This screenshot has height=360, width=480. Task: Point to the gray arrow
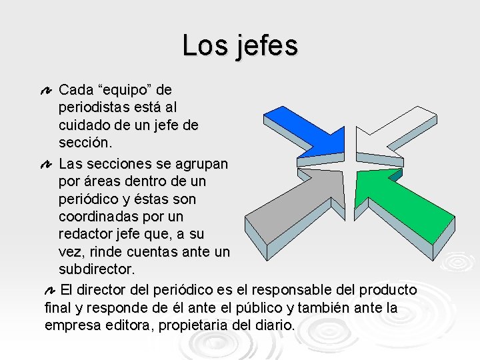click(x=300, y=213)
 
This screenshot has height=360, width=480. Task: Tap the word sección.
click(x=86, y=143)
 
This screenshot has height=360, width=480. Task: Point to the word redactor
click(x=85, y=235)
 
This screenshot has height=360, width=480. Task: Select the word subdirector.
click(x=97, y=270)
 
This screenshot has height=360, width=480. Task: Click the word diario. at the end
click(x=274, y=326)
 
